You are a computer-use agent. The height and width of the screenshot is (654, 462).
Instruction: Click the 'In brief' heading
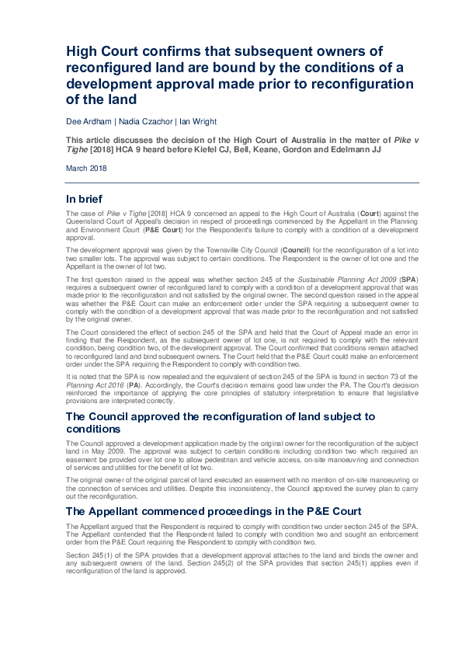(87, 199)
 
